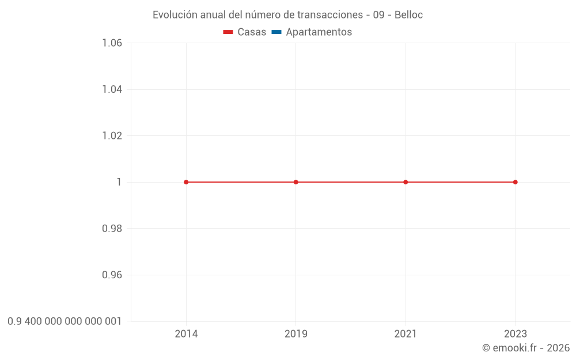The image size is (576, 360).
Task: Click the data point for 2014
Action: coord(186,182)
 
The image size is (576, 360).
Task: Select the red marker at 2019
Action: coord(296,182)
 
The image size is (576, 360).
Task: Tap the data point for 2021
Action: coord(406,182)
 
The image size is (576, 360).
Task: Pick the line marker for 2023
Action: coord(515,182)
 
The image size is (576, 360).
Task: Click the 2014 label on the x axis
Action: coord(186,334)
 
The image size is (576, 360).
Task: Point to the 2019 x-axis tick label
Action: coord(296,334)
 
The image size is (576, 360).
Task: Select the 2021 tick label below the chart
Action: coord(406,334)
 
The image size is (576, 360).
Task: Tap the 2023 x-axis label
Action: coord(515,334)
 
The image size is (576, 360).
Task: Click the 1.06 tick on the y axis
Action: coord(112,43)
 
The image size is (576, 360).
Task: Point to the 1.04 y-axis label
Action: coord(112,89)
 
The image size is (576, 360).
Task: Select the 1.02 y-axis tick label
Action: coord(112,136)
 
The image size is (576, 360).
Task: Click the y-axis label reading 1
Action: coord(119,182)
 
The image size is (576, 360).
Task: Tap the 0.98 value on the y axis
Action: coord(112,229)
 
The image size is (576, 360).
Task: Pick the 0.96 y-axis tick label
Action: coord(112,275)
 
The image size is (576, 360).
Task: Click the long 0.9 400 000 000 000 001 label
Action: coord(65,321)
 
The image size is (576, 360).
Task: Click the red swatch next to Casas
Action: coord(228,32)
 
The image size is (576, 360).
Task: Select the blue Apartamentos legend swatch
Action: coord(276,32)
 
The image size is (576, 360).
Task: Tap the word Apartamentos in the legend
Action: coord(319,32)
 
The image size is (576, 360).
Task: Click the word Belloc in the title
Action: coord(408,15)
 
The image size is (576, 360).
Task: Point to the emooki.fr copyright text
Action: coord(526,348)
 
